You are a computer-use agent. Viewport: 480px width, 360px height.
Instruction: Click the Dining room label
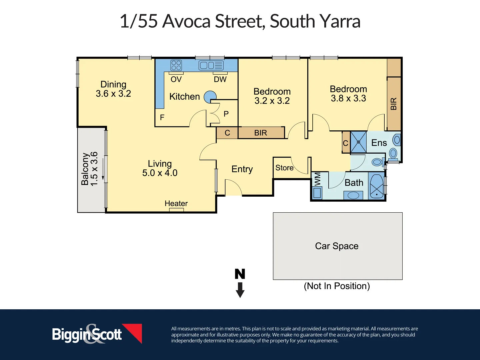coord(113,84)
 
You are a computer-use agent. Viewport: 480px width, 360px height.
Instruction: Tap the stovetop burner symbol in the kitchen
coord(176,65)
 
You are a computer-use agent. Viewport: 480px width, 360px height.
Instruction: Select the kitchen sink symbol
coord(211,65)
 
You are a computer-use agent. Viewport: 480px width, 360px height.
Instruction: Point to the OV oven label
coord(176,79)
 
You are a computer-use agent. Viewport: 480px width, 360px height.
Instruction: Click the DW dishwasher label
coord(220,79)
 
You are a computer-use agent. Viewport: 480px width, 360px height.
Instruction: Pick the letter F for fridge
coord(162,117)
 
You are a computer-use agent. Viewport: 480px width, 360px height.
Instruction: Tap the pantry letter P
coord(226,114)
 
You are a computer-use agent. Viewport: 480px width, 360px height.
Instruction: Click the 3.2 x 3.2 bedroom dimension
coord(272,101)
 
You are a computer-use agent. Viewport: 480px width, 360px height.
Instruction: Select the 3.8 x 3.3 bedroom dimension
coord(348,98)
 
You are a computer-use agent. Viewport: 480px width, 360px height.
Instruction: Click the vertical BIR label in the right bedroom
coord(394,104)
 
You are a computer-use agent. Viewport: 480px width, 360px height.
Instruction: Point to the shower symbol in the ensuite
coord(358,142)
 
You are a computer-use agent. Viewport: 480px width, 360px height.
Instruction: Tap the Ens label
coord(379,143)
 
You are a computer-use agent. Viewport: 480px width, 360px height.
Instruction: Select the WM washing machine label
coord(317,179)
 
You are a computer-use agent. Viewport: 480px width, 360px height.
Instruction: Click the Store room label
coord(284,168)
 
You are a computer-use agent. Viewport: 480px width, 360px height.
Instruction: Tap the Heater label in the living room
coord(176,203)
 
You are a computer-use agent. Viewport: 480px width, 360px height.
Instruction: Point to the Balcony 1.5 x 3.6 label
coord(90,169)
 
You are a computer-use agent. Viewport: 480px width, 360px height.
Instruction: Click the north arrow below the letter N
coord(240,290)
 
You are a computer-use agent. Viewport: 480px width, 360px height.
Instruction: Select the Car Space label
coord(337,246)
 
